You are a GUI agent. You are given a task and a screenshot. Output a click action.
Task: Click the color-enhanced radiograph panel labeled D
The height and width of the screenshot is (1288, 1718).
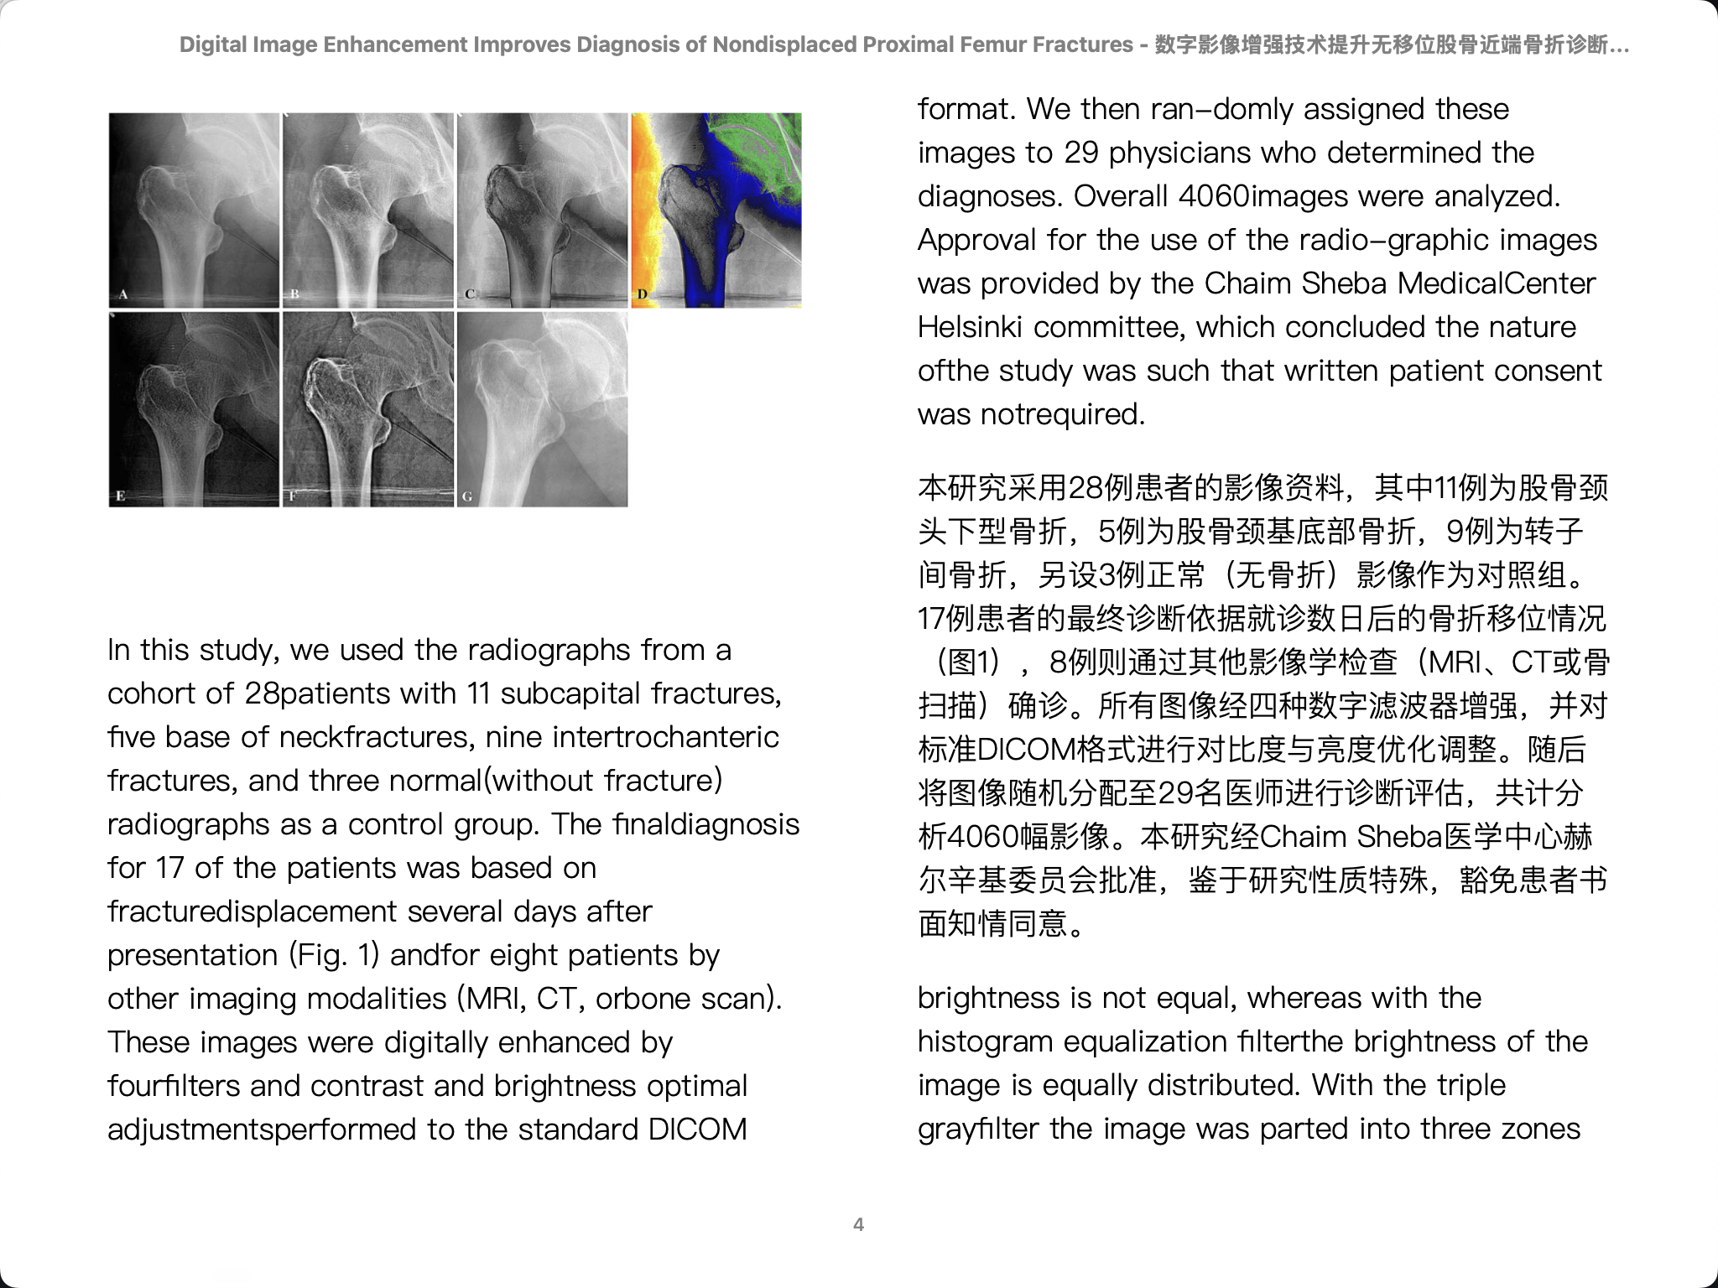716,210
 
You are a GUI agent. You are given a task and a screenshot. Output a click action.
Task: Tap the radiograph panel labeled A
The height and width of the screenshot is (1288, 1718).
194,210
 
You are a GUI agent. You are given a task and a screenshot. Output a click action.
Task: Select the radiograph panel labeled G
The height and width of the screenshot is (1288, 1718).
542,409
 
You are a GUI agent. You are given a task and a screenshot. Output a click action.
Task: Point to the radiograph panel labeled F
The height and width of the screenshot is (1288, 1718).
368,409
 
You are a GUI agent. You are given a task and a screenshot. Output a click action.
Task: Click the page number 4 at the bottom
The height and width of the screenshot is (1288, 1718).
858,1224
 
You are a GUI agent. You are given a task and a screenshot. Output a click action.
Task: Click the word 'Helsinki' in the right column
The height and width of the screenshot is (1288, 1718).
970,327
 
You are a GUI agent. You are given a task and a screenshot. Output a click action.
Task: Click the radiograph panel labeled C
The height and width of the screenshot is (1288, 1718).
542,210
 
